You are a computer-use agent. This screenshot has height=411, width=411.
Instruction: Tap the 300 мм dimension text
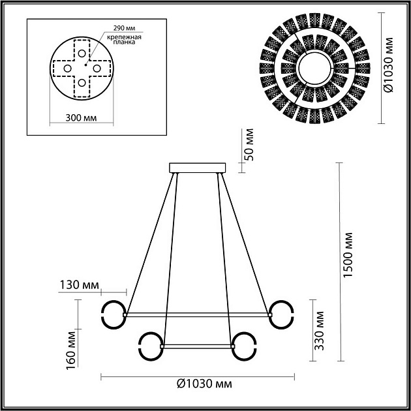[x=82, y=117]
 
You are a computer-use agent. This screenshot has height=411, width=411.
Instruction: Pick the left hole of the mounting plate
[x=67, y=68]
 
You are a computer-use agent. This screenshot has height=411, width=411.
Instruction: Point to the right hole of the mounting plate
[x=97, y=68]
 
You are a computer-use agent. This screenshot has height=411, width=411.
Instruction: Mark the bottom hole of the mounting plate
[x=82, y=83]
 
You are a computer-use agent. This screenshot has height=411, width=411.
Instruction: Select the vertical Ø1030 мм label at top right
[x=389, y=65]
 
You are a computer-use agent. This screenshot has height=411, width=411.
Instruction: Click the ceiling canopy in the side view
[x=198, y=168]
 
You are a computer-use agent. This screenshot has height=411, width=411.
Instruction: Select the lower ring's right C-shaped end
[x=245, y=346]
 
